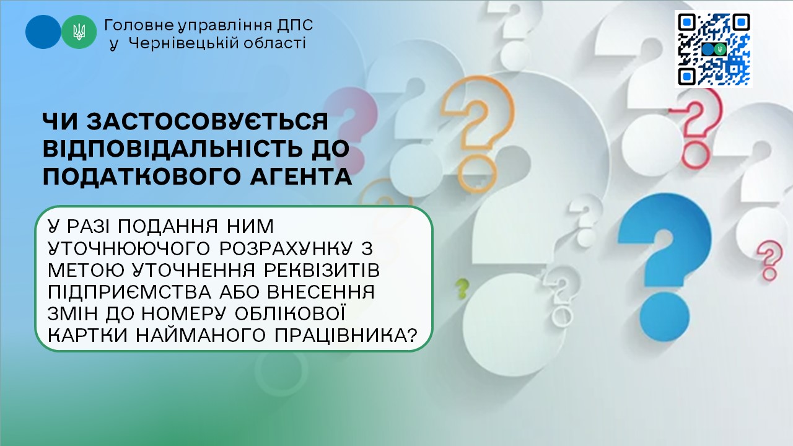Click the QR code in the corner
point(713,49)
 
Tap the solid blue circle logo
point(43,32)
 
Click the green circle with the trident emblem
point(79,32)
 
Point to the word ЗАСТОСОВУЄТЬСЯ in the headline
point(208,121)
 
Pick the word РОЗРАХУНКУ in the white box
point(286,248)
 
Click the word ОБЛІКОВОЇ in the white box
point(289,313)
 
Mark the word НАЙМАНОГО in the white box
point(200,335)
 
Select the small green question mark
point(462,288)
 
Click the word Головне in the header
point(139,25)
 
